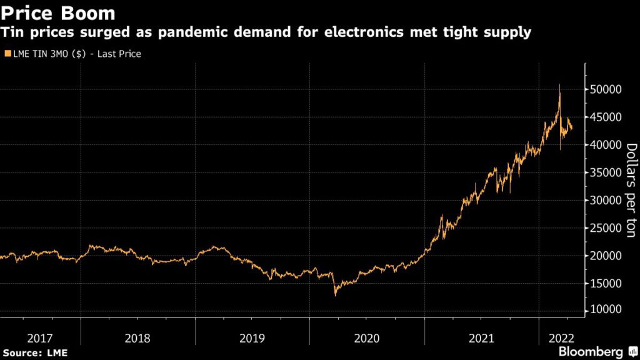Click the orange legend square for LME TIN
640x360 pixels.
[7, 54]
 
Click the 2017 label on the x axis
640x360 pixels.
[40, 338]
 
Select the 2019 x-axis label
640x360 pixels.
[252, 338]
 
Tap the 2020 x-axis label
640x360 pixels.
[366, 338]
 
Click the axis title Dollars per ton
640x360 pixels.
[631, 190]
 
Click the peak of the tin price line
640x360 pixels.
[559, 84]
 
